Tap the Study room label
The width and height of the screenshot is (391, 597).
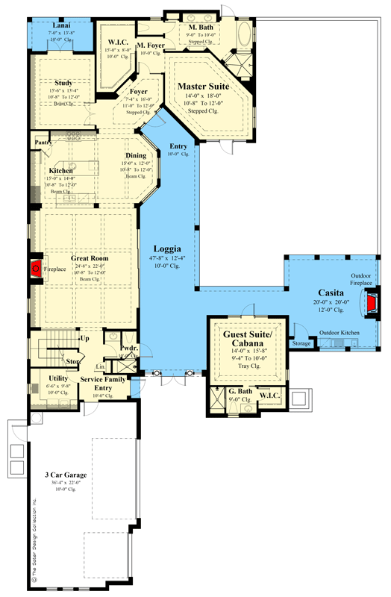(x=60, y=84)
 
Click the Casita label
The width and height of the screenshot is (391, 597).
(x=330, y=293)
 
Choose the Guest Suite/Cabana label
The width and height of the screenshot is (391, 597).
(x=246, y=340)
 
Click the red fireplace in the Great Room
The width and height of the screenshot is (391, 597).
(x=34, y=269)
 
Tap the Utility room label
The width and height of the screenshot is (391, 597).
(x=58, y=379)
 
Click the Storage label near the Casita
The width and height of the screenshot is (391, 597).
(x=301, y=345)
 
